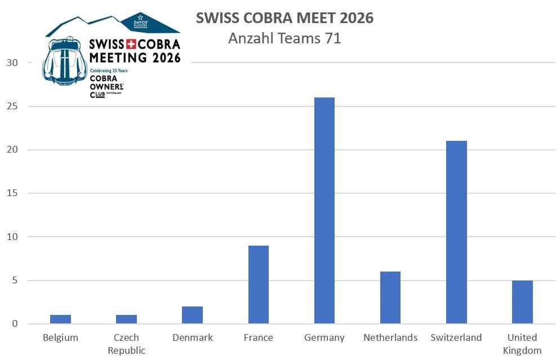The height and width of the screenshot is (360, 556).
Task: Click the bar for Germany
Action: coord(324,211)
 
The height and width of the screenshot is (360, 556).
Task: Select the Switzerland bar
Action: coord(456,232)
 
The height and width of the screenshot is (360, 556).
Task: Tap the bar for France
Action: coord(259,285)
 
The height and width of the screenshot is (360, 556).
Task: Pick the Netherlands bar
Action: coord(390,297)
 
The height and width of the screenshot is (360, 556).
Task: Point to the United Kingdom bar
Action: coord(522,302)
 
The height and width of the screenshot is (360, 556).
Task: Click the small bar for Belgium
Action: coord(60,319)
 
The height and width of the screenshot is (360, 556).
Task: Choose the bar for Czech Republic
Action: coord(126,319)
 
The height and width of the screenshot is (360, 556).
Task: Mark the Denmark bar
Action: coord(192,315)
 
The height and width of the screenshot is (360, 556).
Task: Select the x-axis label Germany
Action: coord(324,337)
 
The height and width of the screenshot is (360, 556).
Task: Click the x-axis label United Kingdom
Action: coord(522,344)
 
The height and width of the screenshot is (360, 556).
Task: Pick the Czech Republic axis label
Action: coord(126,344)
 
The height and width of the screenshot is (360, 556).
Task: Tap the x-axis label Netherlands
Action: coord(390,337)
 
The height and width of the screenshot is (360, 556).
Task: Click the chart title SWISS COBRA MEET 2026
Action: coord(284,18)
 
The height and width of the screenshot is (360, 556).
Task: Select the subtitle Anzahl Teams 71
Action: coord(284,38)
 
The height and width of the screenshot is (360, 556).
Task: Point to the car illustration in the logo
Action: coord(65,62)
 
